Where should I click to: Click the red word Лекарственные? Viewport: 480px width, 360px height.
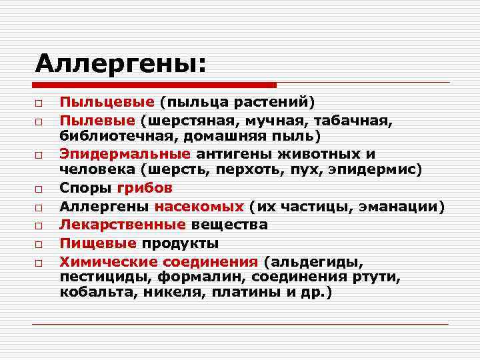coord(122,224)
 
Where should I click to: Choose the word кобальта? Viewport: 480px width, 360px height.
coord(92,292)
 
